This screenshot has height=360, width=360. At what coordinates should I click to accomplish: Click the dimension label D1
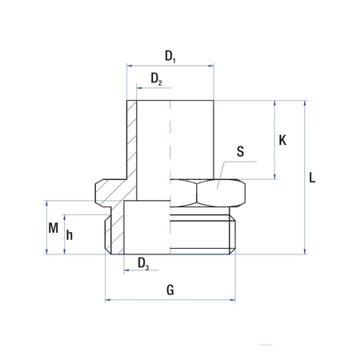click(170, 56)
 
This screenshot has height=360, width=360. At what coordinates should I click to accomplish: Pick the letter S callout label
click(241, 151)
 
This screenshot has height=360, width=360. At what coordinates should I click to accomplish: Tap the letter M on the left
click(53, 228)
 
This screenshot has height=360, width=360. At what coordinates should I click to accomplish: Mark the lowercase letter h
click(70, 234)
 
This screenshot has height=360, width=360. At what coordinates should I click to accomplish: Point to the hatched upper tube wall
click(133, 136)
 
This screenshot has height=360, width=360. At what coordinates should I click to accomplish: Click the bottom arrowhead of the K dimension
click(275, 177)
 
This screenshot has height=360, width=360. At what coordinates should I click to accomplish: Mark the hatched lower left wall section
click(114, 232)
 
